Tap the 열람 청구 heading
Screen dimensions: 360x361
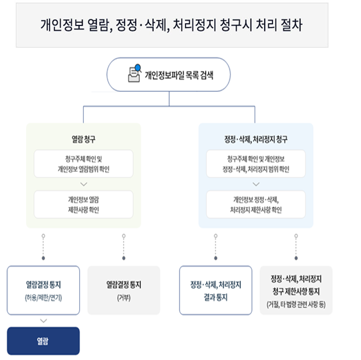click(x=83, y=139)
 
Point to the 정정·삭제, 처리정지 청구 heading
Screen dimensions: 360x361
click(x=256, y=139)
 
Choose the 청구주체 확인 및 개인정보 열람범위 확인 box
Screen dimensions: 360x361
click(x=83, y=164)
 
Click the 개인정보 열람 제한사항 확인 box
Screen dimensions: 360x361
click(x=83, y=204)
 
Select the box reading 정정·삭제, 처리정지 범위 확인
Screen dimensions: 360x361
click(x=256, y=164)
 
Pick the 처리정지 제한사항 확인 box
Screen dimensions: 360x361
click(x=256, y=204)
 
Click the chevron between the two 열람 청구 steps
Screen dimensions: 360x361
click(x=83, y=184)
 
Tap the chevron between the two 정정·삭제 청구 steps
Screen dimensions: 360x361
click(x=256, y=184)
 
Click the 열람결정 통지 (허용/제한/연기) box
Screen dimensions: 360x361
click(x=43, y=290)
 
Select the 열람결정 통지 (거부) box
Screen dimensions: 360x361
click(x=123, y=290)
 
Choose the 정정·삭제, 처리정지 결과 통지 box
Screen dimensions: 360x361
click(x=215, y=290)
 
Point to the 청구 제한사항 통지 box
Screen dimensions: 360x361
click(x=296, y=290)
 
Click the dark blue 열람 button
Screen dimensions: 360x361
click(x=43, y=341)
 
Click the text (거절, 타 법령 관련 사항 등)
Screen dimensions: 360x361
click(x=296, y=305)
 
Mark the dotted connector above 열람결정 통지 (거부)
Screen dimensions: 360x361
click(x=123, y=247)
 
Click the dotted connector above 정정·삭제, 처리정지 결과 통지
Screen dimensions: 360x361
click(x=215, y=247)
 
